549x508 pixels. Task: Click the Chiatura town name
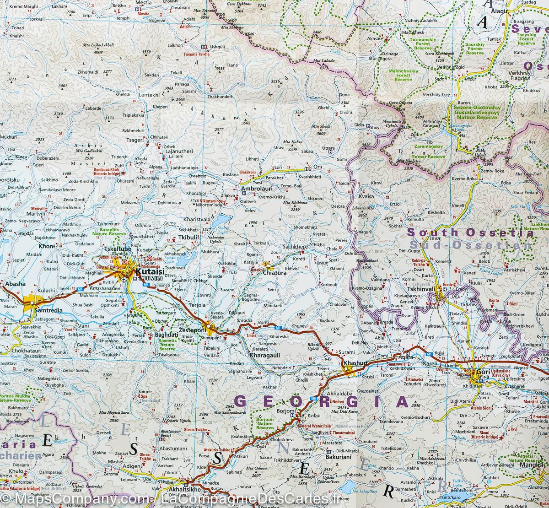(275, 273)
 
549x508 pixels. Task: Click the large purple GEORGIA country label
(320, 402)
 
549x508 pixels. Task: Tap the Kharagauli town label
(264, 355)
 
